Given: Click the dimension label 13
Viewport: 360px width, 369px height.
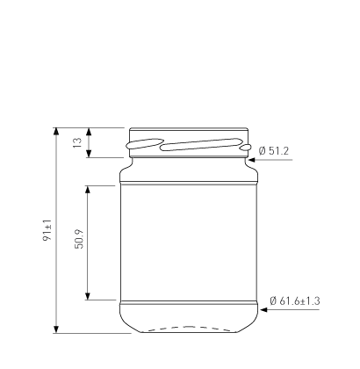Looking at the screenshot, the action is click(x=77, y=142).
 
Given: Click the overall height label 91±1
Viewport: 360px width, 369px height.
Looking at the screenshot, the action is click(x=47, y=230).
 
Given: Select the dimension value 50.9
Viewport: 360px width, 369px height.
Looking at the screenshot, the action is click(x=79, y=239).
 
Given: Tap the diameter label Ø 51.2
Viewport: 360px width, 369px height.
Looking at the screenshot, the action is click(x=274, y=151).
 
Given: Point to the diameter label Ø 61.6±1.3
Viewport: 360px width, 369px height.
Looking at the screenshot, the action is click(x=295, y=300).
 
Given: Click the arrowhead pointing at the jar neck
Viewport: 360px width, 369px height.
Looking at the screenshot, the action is click(x=252, y=160).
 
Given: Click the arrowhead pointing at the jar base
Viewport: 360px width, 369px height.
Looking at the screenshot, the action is click(x=263, y=309).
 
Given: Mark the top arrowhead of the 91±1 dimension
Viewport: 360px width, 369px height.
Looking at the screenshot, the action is click(x=56, y=132).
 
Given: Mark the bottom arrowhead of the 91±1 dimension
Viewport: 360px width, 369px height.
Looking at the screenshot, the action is click(x=56, y=329).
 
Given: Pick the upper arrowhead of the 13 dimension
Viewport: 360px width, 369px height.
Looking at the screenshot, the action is click(x=89, y=132).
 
